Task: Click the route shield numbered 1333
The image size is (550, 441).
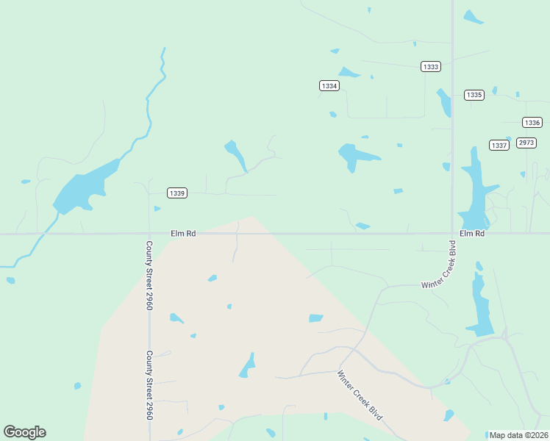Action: click(x=431, y=67)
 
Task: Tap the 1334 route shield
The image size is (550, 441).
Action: click(x=329, y=86)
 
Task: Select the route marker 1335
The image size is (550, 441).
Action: click(x=474, y=95)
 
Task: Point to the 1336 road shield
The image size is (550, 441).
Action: click(x=532, y=123)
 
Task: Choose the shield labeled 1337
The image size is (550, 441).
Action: click(x=499, y=145)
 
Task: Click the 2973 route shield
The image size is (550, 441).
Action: click(x=526, y=143)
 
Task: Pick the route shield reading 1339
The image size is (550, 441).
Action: click(x=176, y=193)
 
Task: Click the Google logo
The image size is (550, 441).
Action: click(x=24, y=432)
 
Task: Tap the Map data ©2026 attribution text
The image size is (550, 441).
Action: click(x=518, y=435)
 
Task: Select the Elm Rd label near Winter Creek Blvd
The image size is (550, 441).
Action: click(x=472, y=233)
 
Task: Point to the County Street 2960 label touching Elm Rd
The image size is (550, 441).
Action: click(x=149, y=275)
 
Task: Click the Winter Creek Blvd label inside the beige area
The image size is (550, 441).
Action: click(x=360, y=394)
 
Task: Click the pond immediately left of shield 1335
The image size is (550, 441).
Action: click(x=444, y=102)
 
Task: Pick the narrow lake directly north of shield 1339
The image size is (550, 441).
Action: click(x=236, y=154)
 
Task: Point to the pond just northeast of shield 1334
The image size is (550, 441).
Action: click(x=349, y=72)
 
